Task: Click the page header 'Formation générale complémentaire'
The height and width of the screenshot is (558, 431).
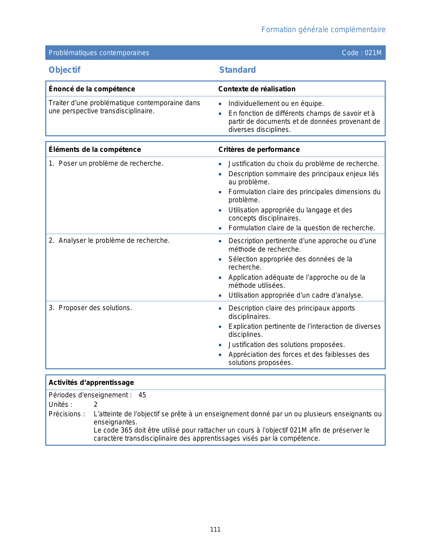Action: (x=323, y=30)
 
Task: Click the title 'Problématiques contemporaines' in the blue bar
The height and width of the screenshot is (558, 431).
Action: (x=99, y=53)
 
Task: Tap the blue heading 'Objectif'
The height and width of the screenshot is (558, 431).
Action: (x=65, y=70)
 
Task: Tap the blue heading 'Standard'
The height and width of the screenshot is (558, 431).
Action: (x=237, y=70)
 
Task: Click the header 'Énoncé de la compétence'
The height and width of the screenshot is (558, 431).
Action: (x=92, y=89)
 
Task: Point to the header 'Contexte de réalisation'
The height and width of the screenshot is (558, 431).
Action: (x=257, y=89)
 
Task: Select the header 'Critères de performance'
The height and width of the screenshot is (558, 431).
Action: (x=259, y=149)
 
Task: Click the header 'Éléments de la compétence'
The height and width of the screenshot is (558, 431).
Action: (x=95, y=149)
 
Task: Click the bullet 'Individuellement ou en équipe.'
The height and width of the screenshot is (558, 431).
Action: (x=276, y=104)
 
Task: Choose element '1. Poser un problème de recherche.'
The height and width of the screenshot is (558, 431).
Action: (x=106, y=164)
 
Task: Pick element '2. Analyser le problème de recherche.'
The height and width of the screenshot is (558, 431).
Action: (x=109, y=241)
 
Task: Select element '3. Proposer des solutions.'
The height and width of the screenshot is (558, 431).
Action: (x=90, y=308)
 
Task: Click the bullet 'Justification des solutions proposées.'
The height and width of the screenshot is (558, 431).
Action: (x=286, y=345)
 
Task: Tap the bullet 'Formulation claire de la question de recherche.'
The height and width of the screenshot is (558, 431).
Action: (x=302, y=228)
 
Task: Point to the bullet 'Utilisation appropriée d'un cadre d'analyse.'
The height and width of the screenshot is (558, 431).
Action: (x=295, y=296)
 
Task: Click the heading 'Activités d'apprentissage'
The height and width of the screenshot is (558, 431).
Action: (x=91, y=382)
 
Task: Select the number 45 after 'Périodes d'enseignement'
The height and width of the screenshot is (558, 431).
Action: (x=142, y=395)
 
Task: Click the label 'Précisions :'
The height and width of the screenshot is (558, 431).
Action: (x=67, y=414)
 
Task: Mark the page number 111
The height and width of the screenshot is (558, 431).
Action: (x=215, y=530)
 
